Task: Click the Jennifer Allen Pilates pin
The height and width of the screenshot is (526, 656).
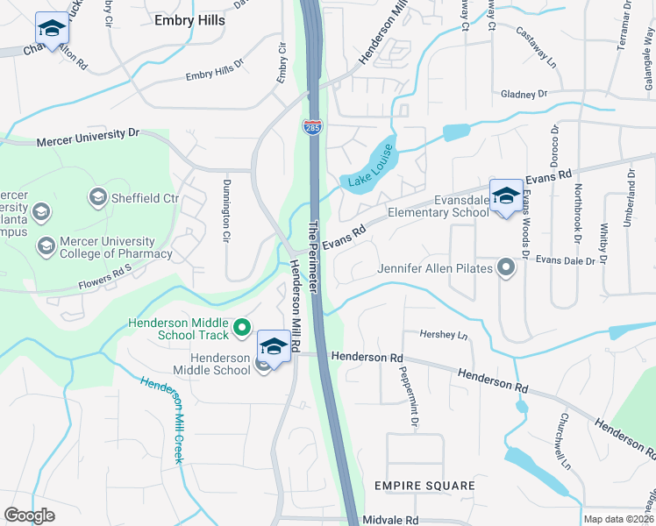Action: click(505, 267)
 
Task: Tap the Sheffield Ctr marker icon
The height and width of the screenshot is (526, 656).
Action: click(97, 197)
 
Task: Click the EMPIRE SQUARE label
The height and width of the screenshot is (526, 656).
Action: click(424, 485)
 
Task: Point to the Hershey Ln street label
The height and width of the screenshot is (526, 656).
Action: click(445, 335)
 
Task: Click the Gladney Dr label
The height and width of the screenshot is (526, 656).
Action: click(524, 94)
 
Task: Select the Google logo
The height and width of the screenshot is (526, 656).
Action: click(29, 515)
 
